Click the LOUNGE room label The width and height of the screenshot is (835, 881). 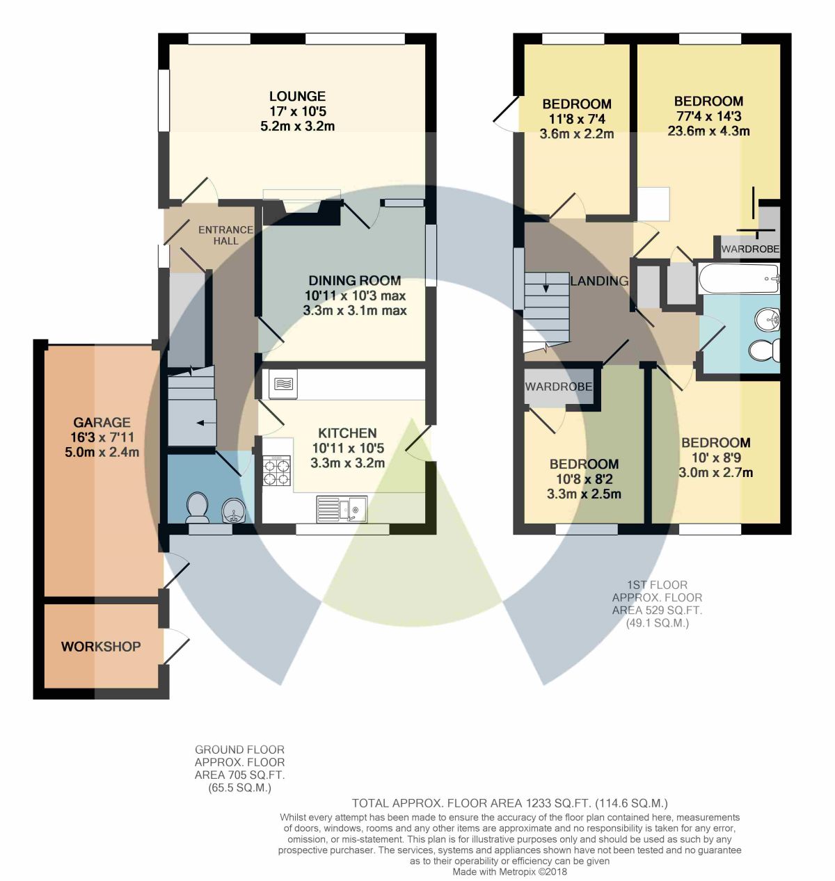point(297,97)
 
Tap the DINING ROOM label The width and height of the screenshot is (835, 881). point(354,280)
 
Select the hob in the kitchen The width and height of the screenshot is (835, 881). point(277,471)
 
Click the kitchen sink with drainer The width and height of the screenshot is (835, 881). point(342,509)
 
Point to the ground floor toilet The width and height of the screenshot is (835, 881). point(198,508)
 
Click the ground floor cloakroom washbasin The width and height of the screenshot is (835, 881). point(233,510)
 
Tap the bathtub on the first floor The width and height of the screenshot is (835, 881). point(738,278)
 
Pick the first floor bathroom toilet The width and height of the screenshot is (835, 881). point(765,350)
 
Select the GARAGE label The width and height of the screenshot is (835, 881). point(102,422)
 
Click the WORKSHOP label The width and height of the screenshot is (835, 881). point(101,646)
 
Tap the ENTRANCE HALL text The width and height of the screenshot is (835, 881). point(225,235)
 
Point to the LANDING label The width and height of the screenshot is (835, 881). point(599,281)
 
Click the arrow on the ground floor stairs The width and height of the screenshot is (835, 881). point(206,422)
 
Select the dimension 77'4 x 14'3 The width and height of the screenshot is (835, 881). point(708,116)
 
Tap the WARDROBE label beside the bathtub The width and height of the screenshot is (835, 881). point(750,249)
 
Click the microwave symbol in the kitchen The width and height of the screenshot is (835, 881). point(283,384)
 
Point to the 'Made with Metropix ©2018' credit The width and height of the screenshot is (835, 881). point(509,871)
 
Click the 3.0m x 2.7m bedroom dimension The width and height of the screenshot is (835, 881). point(716,473)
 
